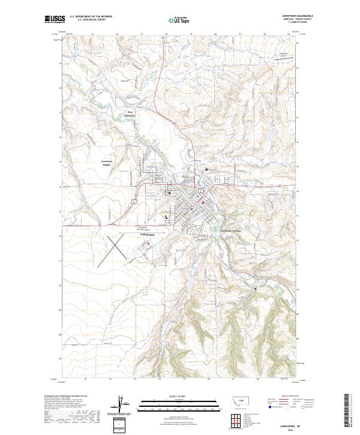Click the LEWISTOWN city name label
[148, 235]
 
